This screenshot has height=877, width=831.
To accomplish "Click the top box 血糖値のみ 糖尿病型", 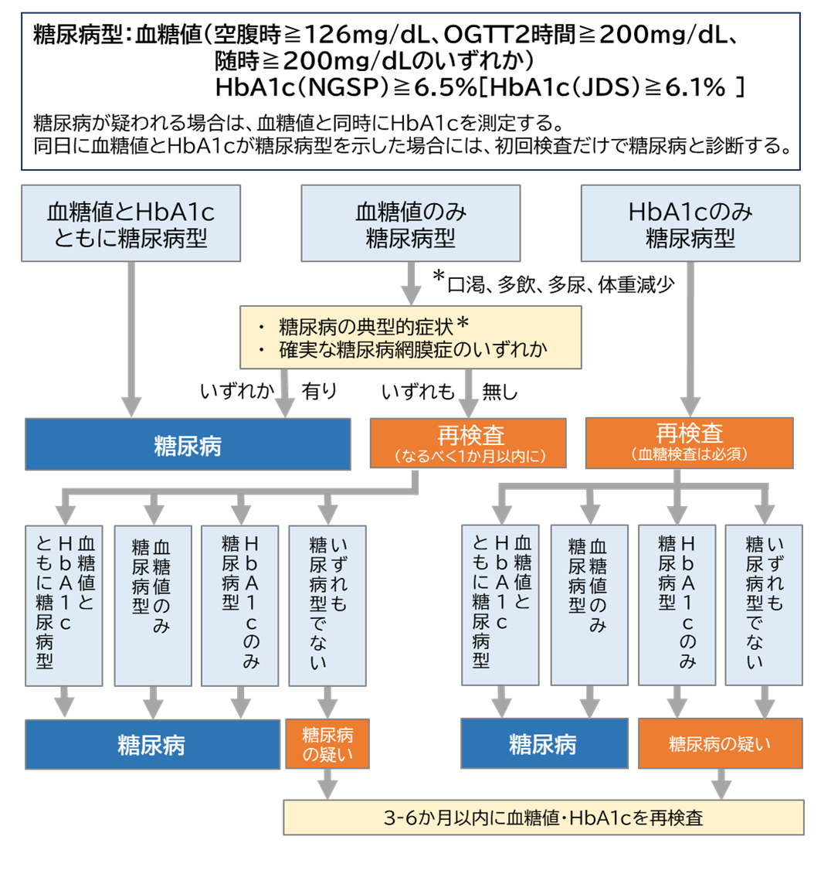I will point(410,223).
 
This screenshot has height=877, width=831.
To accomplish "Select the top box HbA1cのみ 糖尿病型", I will point(690,223).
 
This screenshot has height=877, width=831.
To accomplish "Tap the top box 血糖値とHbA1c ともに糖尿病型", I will point(131,223).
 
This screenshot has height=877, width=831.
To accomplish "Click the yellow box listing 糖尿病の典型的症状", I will point(410,337).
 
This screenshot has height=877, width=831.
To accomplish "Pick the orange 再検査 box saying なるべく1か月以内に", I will point(469,444).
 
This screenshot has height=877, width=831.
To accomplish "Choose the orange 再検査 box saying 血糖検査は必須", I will point(689,443).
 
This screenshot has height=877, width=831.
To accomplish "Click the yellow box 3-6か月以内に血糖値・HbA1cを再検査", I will point(544,818).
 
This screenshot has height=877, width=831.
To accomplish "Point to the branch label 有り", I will point(319,392).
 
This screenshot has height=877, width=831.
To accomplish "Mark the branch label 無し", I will point(500,392).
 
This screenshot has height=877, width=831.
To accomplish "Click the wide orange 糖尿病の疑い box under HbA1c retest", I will point(720,743).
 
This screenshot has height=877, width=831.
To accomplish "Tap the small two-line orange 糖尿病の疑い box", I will point(327,743).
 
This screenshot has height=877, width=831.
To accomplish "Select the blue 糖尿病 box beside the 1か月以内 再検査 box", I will point(187,444).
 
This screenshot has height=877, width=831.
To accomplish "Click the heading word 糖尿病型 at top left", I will point(80,35).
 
